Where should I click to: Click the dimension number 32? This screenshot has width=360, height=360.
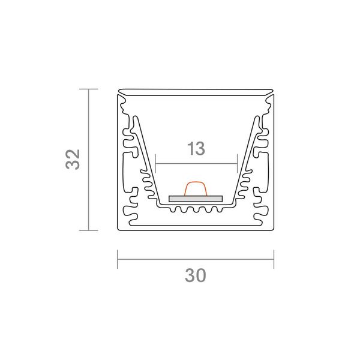coord(73,160)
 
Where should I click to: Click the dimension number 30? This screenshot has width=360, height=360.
coord(196,275)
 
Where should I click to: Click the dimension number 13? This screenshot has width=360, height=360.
coord(196,149)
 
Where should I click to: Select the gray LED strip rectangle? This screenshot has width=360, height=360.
coord(196,199)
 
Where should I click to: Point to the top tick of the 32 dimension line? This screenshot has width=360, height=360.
coord(89,89)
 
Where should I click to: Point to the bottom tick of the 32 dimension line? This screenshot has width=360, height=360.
coord(89,230)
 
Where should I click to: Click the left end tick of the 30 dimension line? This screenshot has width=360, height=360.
coord(118,259)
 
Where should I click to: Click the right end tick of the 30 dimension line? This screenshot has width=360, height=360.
coord(274,259)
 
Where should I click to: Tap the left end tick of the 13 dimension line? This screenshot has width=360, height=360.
coord(155,163)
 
